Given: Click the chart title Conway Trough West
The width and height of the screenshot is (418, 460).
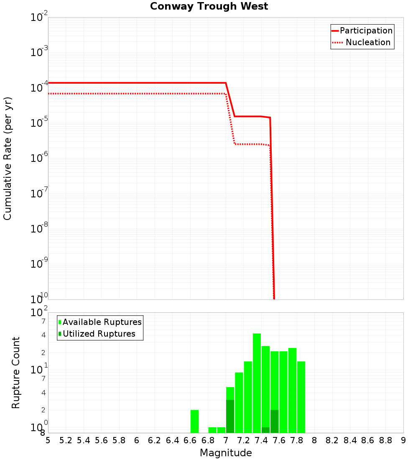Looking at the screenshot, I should point(209,6).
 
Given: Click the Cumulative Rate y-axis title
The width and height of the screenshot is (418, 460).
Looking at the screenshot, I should point(8,158).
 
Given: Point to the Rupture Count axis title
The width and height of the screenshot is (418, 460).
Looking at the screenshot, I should point(16,373).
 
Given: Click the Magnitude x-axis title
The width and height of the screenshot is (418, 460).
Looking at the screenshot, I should point(226,453).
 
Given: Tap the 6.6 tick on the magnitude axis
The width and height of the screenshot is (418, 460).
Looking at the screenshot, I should point(190,440).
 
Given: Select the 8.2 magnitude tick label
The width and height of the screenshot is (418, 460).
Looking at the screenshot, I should point(332,440).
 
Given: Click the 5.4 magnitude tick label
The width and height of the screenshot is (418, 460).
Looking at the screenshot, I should point(84,440).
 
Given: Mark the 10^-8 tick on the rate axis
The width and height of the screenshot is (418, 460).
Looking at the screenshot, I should point(39,229).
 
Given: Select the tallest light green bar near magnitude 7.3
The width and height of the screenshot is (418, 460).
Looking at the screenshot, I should point(257,383).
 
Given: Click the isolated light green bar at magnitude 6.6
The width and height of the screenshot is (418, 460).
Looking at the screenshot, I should point(194,421).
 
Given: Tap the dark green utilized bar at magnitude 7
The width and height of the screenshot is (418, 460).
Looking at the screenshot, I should point(230,416).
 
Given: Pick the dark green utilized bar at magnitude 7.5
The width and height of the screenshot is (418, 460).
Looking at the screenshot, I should point(274,421).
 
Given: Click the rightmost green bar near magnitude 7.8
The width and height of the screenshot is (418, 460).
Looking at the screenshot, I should point(301,397).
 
